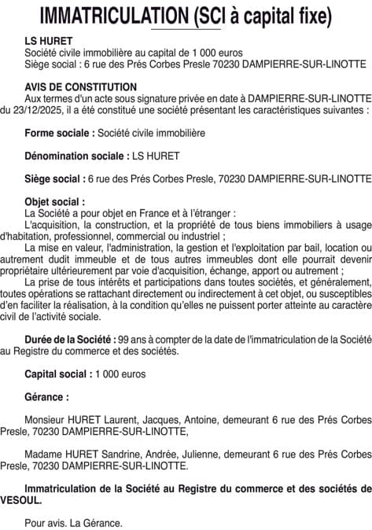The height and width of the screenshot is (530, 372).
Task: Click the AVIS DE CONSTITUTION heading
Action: coord(80,86)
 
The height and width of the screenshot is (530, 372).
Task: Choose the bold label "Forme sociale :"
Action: coord(60,133)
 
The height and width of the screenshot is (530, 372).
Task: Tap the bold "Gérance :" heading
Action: coord(46,397)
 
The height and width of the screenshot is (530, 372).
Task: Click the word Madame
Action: coord(44,455)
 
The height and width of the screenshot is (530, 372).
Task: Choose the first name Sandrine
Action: coord(123,455)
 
